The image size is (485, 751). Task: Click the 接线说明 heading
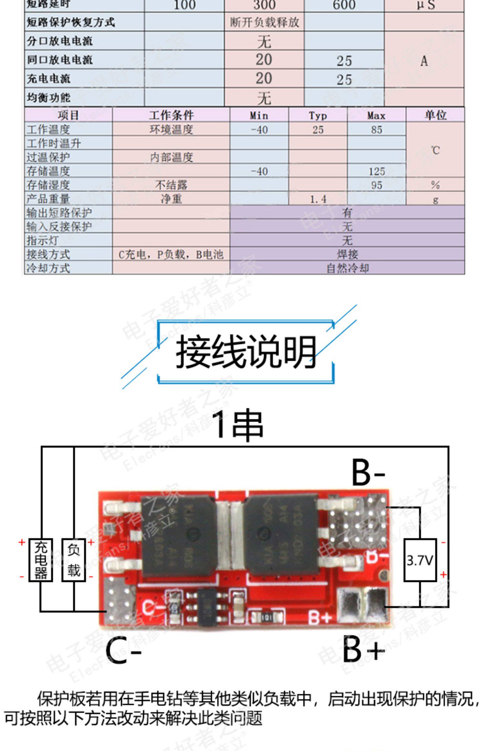coord(245,351)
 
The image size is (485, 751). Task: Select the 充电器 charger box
coord(41,560)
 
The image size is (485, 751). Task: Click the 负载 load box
coord(74,560)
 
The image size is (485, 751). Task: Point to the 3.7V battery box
coord(420,560)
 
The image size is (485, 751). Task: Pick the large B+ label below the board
coord(363,649)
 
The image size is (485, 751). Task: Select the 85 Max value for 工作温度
coord(376,130)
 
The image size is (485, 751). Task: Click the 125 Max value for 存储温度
coord(377,171)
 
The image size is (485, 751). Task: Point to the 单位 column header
coord(435,115)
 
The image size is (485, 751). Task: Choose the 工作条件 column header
coord(171,115)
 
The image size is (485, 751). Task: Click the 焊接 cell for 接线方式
coord(347,254)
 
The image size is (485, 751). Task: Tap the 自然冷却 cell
coord(347,268)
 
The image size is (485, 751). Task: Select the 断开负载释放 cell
coord(264,22)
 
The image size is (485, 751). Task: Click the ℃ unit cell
coord(435,150)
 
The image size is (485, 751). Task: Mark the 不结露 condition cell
coord(171,185)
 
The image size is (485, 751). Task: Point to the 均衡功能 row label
coord(48,97)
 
